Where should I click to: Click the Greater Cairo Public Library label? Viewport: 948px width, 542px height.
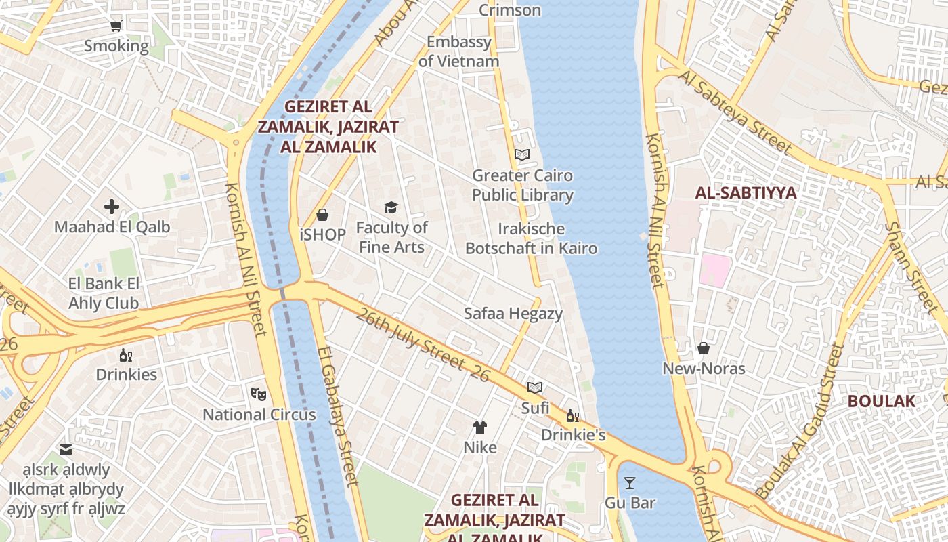pyautogui.click(x=522, y=186)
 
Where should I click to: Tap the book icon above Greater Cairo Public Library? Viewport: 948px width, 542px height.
pyautogui.click(x=521, y=154)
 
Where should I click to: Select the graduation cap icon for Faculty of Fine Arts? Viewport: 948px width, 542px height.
pyautogui.click(x=391, y=207)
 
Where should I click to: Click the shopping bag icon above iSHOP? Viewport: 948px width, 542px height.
pyautogui.click(x=322, y=215)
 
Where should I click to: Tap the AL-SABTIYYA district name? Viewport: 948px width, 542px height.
pyautogui.click(x=746, y=193)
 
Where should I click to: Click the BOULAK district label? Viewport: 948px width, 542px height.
pyautogui.click(x=881, y=401)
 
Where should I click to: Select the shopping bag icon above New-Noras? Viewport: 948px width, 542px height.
pyautogui.click(x=704, y=348)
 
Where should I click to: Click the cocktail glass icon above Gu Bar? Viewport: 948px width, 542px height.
pyautogui.click(x=630, y=483)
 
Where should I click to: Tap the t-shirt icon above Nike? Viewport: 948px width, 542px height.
pyautogui.click(x=479, y=427)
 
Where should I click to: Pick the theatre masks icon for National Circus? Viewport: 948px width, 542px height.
pyautogui.click(x=259, y=394)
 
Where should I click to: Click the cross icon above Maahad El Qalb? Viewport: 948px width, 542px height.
pyautogui.click(x=112, y=207)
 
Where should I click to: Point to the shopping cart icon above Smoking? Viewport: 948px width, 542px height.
pyautogui.click(x=116, y=26)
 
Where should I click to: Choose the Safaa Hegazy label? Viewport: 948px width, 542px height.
pyautogui.click(x=513, y=314)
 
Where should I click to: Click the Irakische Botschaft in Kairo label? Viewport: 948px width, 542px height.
pyautogui.click(x=531, y=238)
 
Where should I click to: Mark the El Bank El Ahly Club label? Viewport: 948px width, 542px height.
pyautogui.click(x=104, y=293)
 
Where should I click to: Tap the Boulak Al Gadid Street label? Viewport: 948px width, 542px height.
pyautogui.click(x=800, y=422)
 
